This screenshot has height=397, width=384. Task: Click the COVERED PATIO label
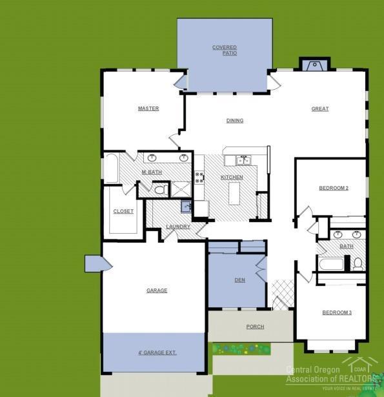225,50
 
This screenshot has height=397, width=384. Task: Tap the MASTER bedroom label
148,108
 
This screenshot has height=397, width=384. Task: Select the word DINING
235,121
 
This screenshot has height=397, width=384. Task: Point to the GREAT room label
320,109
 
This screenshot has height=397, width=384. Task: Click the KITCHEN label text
232,177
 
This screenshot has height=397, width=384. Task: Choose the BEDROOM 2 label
334,188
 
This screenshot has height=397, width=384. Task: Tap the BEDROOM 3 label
337,312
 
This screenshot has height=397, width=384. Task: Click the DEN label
239,280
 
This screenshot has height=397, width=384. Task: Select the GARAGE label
157,290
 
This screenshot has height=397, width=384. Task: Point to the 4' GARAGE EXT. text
157,352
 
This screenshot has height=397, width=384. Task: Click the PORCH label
255,327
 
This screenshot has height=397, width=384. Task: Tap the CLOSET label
123,211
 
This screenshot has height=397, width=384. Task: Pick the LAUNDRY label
178,227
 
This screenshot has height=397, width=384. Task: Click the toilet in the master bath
159,190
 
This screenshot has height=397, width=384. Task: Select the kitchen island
234,192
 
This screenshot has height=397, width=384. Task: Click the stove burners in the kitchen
199,177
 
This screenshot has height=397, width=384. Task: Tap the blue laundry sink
186,207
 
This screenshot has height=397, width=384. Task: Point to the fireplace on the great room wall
314,65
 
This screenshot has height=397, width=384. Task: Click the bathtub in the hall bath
330,264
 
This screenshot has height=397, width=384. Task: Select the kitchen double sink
243,159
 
